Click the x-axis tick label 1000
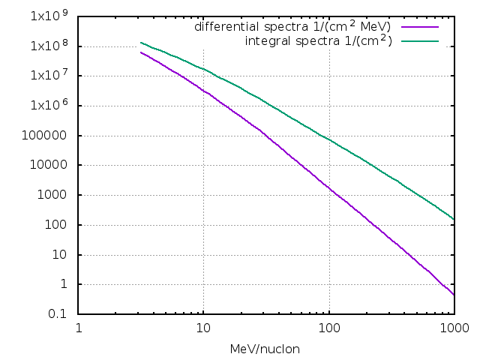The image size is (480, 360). click(x=454, y=328)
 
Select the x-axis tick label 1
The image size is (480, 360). click(x=79, y=328)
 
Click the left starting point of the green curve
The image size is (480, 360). click(x=141, y=43)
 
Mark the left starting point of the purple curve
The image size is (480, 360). click(x=141, y=52)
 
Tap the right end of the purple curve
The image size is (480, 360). click(x=454, y=295)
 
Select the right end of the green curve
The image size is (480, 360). click(x=454, y=219)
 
